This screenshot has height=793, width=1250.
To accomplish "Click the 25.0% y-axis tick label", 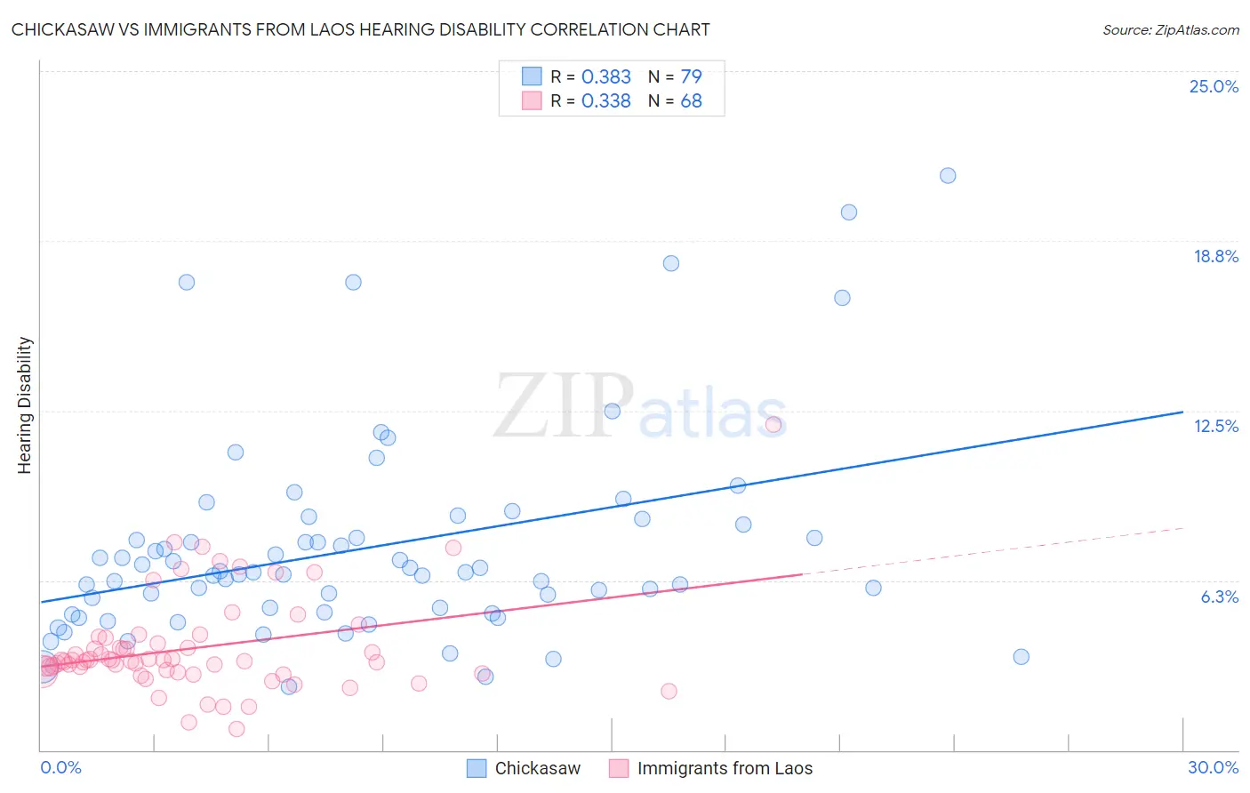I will coord(1214,86).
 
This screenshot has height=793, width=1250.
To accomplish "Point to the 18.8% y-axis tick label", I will coord(1215,256).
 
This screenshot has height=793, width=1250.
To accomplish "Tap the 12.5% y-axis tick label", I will coord(1215,426).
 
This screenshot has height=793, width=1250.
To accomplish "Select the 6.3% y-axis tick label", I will coord(1219,597).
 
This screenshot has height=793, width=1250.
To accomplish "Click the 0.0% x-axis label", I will coord(60,767).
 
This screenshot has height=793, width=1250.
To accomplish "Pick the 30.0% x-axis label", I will coord(1213,767).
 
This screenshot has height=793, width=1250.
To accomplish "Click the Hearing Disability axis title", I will coord(24,405).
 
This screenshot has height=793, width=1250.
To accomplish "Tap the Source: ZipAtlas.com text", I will coord(1170,30).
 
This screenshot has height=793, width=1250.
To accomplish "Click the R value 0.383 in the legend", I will coord(605,76).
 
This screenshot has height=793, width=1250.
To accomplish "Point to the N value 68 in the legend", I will coord(691,101).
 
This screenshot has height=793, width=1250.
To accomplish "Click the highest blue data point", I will coord(948,176).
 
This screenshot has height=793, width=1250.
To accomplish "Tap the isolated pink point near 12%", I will coord(773,424).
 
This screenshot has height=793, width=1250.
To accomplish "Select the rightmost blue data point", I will coord(1021,657).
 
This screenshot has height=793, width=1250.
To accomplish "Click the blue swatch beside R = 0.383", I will coord(532,76).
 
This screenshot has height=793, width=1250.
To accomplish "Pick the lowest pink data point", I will coord(236,729).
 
